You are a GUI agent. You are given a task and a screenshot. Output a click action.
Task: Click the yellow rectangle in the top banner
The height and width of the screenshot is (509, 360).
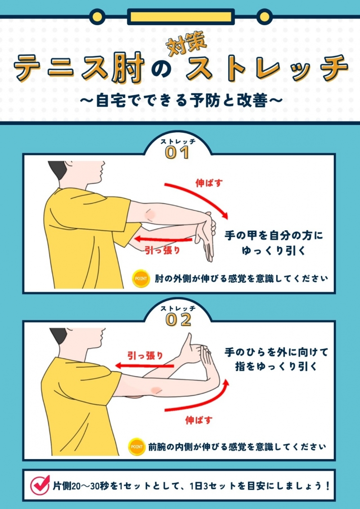tap(180, 17)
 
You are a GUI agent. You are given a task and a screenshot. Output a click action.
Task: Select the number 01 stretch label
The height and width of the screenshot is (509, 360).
tap(177, 152)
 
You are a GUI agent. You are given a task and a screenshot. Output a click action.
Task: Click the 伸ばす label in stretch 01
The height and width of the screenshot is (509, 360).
tap(209, 183)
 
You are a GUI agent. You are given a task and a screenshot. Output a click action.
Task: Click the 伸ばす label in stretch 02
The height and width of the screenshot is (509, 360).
tap(199, 420)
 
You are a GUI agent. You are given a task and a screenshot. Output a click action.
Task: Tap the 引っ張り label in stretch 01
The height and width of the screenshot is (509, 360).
tap(162, 250)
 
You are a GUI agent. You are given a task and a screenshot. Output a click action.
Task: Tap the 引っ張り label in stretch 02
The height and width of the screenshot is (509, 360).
tap(145, 356)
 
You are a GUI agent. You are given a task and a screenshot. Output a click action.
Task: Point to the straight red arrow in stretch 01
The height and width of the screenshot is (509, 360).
tap(163, 240)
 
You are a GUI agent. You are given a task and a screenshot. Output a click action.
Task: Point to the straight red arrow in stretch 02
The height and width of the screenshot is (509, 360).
tap(144, 366)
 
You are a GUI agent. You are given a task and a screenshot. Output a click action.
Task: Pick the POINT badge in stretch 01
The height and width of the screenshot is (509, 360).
tap(141, 278)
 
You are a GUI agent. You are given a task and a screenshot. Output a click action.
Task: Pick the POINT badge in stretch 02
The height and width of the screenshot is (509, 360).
tap(136, 446)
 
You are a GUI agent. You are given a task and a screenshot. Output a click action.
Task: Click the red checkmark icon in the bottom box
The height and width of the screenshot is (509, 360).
tap(40, 485)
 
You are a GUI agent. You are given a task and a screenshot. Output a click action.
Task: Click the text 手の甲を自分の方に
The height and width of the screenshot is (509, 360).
tap(274, 235)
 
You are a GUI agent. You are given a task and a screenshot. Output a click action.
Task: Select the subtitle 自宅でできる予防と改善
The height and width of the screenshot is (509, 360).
tap(180, 101)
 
